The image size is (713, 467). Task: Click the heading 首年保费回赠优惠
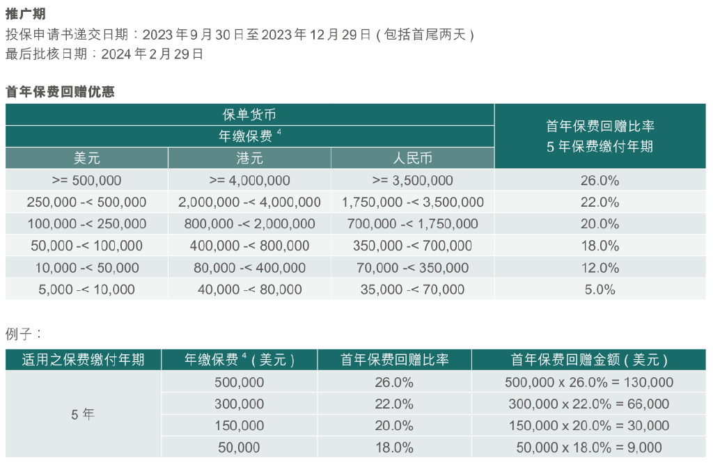(x=60, y=92)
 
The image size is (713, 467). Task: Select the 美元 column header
(x=87, y=158)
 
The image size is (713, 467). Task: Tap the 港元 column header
(x=249, y=158)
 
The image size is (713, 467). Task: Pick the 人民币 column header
(x=412, y=158)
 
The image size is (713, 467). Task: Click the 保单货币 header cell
(x=249, y=115)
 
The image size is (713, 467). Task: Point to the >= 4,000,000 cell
(x=249, y=180)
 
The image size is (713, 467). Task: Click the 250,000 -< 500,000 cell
(x=87, y=203)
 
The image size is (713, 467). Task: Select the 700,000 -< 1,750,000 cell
(x=412, y=224)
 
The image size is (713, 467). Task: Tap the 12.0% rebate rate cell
(x=600, y=268)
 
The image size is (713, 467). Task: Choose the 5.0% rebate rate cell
(x=600, y=290)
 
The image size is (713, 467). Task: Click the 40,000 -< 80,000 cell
(x=249, y=290)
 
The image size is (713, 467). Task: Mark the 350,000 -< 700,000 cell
(x=412, y=246)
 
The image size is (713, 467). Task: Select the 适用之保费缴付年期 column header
(x=83, y=360)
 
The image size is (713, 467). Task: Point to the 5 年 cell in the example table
(x=83, y=415)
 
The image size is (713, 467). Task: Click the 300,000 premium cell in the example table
(x=240, y=404)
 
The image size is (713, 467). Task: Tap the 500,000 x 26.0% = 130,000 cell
(x=588, y=382)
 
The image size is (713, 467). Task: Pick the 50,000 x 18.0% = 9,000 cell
(x=588, y=448)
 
